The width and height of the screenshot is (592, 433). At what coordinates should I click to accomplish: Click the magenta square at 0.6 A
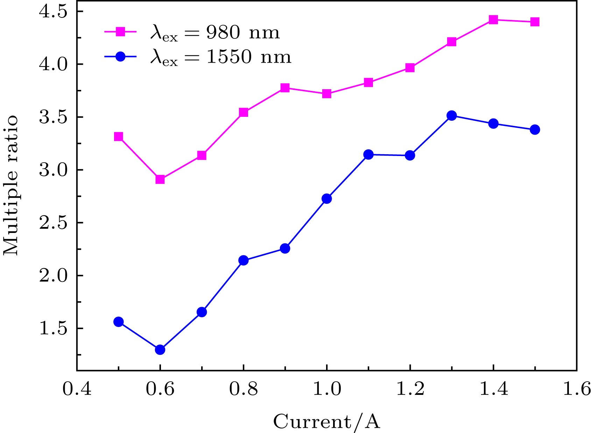[x=160, y=179]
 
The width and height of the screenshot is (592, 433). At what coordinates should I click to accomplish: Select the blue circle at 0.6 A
[x=160, y=349]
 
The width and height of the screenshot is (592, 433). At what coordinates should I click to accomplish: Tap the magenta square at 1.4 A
[x=493, y=20]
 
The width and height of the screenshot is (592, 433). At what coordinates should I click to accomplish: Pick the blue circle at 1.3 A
[x=452, y=115]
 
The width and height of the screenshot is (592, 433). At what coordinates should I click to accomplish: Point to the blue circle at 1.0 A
[x=326, y=199]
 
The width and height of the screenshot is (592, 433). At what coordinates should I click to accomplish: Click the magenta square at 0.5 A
[x=119, y=136]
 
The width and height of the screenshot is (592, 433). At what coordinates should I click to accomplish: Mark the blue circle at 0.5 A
[x=119, y=322]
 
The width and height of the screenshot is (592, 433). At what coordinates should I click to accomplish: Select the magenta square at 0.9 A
[x=285, y=87]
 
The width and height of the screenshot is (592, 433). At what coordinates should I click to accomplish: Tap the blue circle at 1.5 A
[x=535, y=130]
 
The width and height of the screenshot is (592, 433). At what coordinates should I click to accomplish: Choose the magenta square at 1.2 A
[x=410, y=68]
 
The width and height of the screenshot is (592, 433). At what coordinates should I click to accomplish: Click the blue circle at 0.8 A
[x=244, y=260]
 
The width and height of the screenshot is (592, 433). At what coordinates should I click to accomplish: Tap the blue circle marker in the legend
[x=120, y=56]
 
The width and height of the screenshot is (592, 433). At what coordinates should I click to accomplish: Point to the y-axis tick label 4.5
[x=52, y=12]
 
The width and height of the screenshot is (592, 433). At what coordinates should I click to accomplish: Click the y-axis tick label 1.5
[x=52, y=329]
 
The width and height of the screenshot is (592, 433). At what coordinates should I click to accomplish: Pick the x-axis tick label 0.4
[x=77, y=389]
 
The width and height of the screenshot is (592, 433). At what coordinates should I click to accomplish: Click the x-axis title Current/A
[x=326, y=421]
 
